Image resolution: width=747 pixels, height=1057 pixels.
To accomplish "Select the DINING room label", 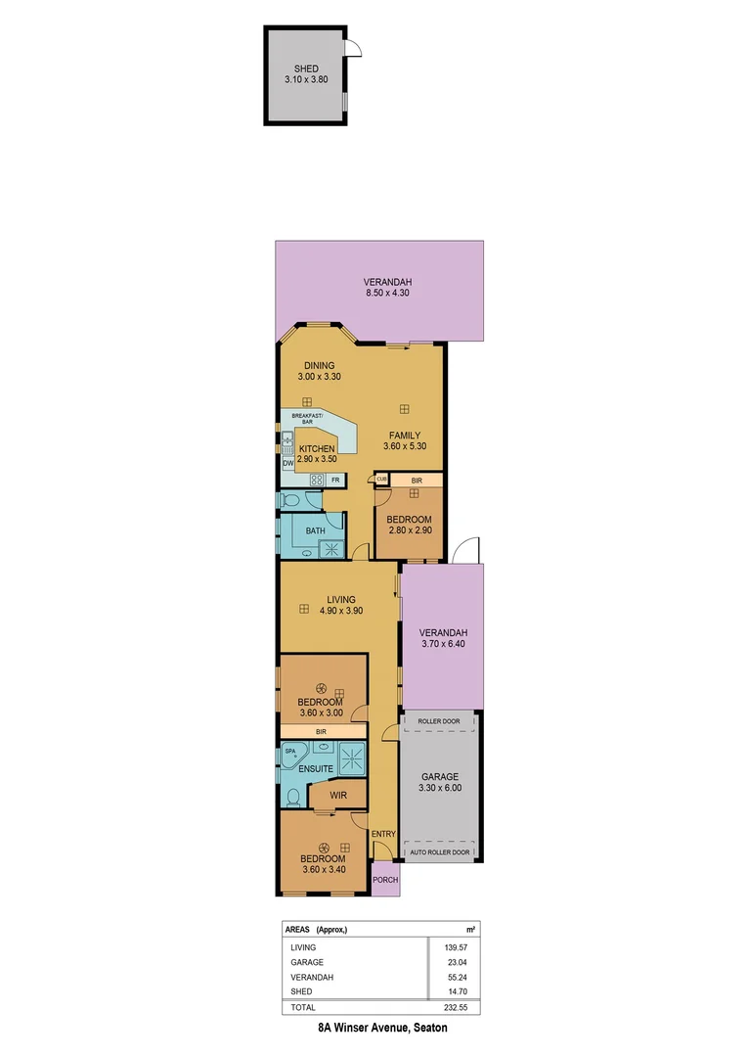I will [x=318, y=365].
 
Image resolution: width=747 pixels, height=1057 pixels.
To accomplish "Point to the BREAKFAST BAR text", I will [x=301, y=418].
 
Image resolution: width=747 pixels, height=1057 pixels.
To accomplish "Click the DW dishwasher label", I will [x=288, y=463].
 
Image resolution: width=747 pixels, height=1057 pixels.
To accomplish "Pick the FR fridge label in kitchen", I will [x=334, y=480].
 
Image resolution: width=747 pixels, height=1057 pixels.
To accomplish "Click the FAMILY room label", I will [x=404, y=436].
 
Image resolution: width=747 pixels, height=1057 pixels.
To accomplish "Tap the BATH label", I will [x=315, y=530].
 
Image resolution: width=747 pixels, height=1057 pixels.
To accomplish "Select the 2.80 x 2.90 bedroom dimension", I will [x=409, y=531].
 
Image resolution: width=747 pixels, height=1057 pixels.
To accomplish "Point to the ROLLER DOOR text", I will [x=439, y=721].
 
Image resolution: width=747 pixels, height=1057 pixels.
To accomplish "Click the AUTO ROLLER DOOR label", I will [x=439, y=852].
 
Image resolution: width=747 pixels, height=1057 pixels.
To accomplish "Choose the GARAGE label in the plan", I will [x=439, y=777].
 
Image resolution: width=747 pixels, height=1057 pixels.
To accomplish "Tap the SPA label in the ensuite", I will [x=290, y=751].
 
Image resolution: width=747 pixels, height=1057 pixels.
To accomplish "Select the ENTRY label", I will [x=383, y=834].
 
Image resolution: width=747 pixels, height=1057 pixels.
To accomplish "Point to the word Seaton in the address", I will [x=430, y=1029].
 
